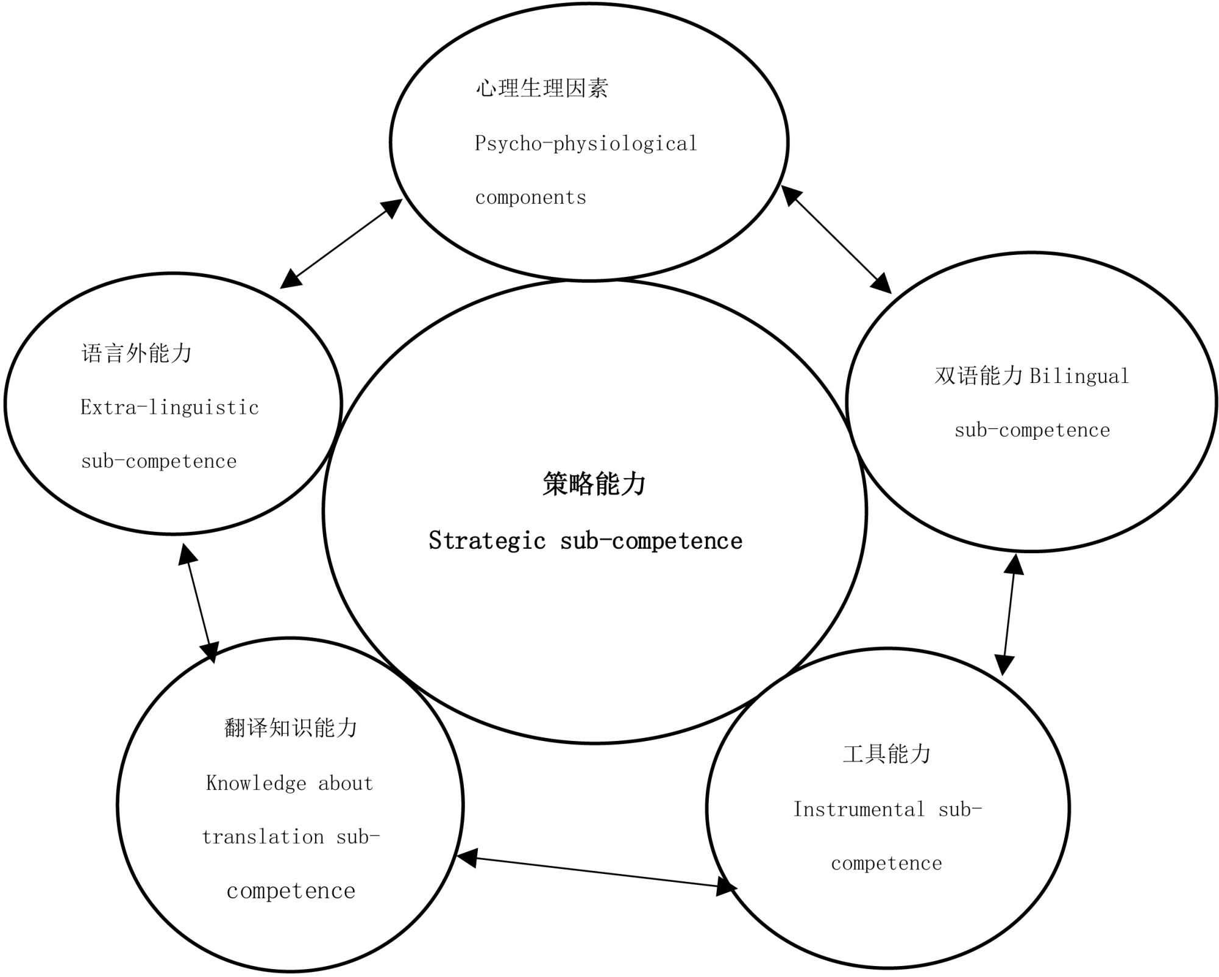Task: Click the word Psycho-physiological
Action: click(586, 144)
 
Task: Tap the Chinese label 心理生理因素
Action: click(541, 88)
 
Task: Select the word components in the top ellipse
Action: click(530, 198)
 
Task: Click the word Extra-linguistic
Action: click(169, 407)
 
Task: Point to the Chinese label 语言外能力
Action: click(137, 353)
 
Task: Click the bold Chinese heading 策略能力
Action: click(594, 484)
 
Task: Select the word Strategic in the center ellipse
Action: click(487, 541)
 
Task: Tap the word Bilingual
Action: click(1079, 376)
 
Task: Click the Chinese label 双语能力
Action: click(978, 376)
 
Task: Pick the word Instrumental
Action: click(858, 809)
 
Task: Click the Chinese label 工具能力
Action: click(887, 754)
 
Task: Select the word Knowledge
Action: click(256, 783)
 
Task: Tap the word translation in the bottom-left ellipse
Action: click(263, 837)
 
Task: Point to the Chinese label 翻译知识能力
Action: click(291, 728)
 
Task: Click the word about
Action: click(345, 783)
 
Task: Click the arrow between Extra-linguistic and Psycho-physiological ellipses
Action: click(341, 243)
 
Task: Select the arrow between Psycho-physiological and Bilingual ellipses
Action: click(836, 239)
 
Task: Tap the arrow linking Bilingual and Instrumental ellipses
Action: click(1009, 615)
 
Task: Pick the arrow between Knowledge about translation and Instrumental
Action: click(597, 871)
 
